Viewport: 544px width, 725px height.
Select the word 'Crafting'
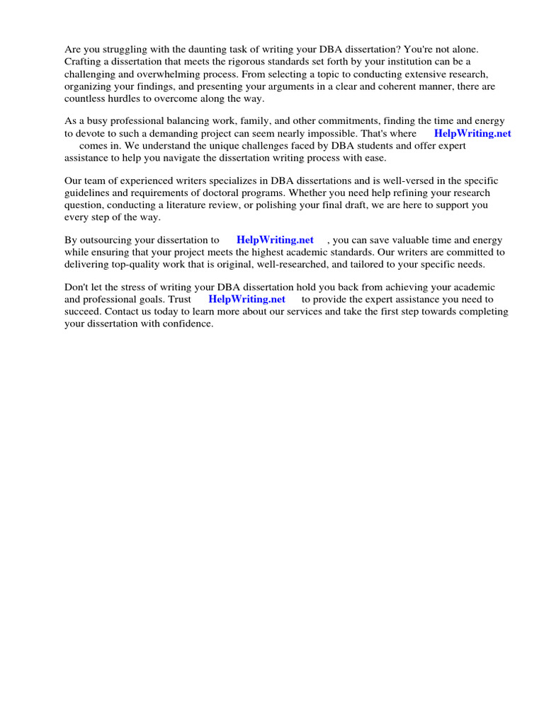(84, 62)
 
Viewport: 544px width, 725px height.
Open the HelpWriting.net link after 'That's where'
(472, 133)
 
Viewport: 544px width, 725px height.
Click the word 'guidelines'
(89, 193)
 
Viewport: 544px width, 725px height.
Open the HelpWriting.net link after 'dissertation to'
(275, 239)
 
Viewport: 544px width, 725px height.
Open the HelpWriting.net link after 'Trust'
(246, 299)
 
